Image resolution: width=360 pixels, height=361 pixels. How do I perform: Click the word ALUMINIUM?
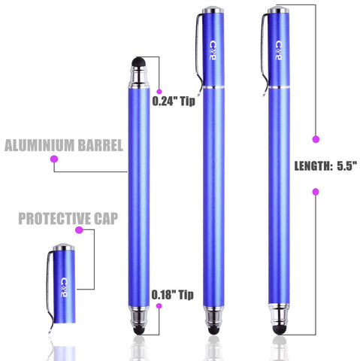coord(40,145)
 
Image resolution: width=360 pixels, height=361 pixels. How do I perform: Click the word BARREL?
coord(101,145)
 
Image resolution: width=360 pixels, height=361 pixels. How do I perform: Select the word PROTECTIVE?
coord(55,218)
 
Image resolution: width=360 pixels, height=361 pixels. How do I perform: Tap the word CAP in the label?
coord(106,218)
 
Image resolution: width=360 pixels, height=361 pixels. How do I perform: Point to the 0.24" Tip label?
coord(174,101)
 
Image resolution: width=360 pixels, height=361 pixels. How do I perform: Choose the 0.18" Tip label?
coord(173,295)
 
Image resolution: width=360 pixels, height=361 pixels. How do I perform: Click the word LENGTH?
coord(313,166)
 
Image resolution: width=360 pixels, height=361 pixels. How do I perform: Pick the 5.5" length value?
coord(346,165)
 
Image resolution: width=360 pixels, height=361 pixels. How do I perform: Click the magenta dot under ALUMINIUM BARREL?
coord(54,159)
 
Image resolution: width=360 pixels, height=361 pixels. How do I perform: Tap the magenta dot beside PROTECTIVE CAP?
coord(79,229)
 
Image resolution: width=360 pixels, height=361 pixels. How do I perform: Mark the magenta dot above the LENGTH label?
coord(316,139)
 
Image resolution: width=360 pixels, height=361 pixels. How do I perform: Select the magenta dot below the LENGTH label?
coord(316,192)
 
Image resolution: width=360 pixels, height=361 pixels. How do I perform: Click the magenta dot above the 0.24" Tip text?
coord(159,92)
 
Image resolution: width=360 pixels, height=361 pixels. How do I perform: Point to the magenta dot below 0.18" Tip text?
coord(159,306)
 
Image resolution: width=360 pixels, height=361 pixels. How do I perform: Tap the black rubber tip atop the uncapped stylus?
coord(138,62)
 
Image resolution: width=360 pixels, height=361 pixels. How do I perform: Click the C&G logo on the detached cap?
coord(64,287)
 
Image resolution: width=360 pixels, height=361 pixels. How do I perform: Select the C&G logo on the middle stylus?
coord(213,50)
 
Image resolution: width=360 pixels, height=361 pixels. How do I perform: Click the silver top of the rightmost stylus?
coord(278,10)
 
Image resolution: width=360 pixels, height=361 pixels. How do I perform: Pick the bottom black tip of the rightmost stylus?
coord(279,330)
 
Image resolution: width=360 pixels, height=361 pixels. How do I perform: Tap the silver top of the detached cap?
coord(64,247)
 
